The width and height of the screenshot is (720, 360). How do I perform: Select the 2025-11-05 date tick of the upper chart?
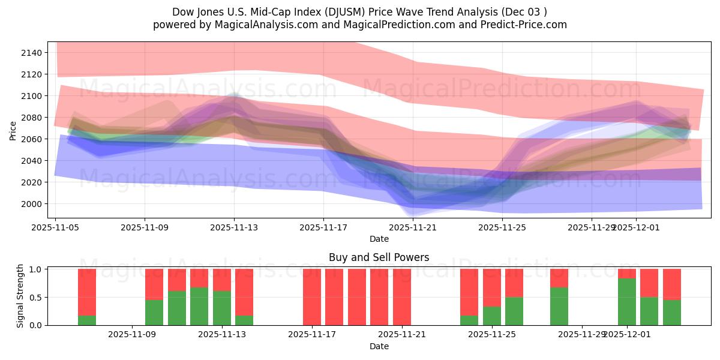click(56, 227)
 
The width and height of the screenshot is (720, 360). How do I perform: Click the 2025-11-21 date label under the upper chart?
click(413, 227)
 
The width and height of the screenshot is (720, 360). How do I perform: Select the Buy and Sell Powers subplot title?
click(379, 257)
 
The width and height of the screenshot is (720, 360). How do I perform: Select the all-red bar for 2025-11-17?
click(312, 297)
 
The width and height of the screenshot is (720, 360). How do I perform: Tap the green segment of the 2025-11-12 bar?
click(199, 306)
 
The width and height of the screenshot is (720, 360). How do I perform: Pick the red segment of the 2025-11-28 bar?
click(559, 278)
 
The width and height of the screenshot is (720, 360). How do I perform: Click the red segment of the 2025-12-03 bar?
click(672, 284)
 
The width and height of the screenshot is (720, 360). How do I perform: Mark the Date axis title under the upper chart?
click(379, 239)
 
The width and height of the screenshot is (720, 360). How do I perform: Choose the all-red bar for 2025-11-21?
click(402, 297)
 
